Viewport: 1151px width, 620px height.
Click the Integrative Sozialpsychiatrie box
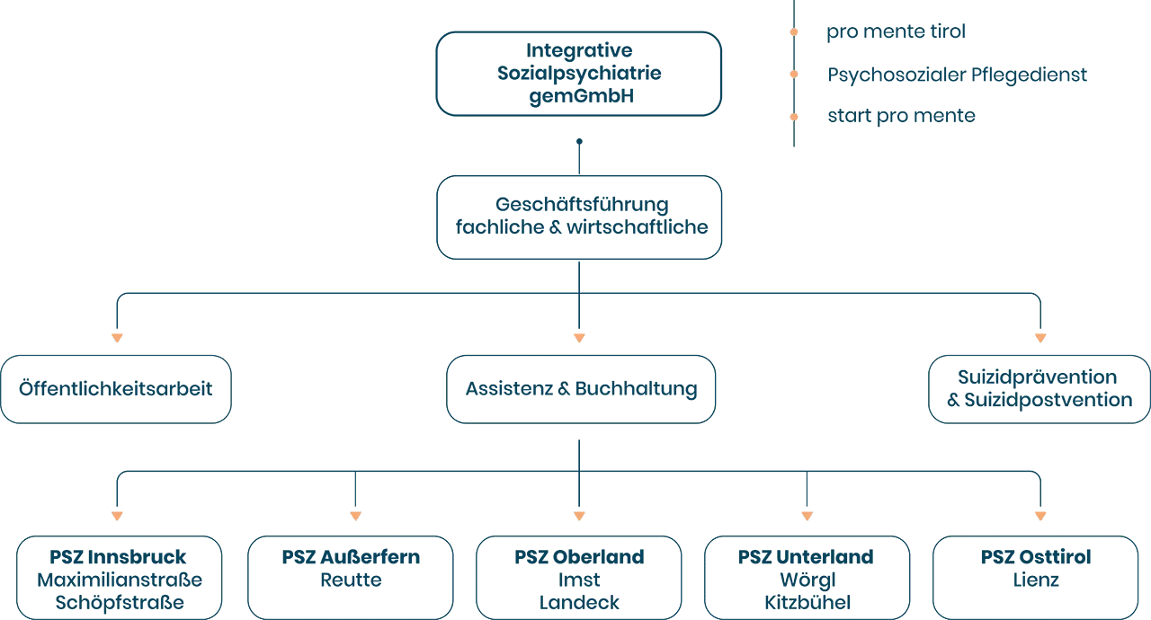578,74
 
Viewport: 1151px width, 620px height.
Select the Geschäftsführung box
578,217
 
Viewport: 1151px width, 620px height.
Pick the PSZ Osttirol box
1036,570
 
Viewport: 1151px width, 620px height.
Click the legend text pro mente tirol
897,33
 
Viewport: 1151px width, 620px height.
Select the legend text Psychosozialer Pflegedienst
959,75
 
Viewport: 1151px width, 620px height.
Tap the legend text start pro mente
902,116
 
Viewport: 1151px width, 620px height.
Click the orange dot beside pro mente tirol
793,32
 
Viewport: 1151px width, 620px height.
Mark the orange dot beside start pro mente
793,116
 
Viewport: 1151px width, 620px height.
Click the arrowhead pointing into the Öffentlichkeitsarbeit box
116,338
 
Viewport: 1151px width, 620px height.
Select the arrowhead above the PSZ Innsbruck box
116,517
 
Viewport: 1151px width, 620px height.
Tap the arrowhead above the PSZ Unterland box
807,517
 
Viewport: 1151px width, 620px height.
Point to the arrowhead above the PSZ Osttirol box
1039,517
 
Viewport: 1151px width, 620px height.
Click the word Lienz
1036,580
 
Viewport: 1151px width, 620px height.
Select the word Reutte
351,580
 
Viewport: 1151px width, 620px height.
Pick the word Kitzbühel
807,601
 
